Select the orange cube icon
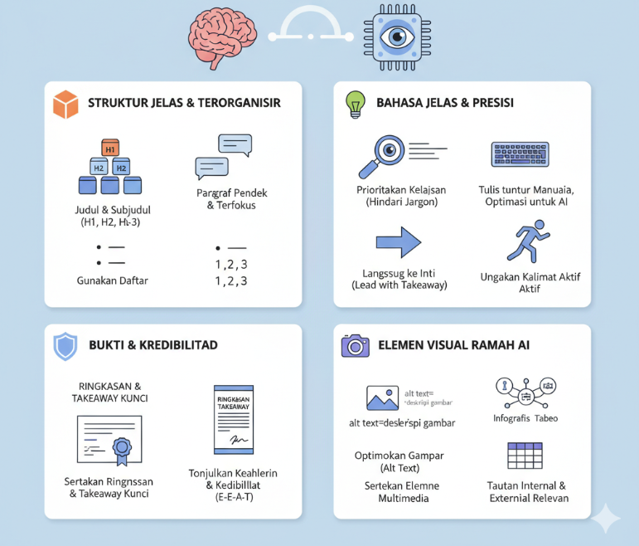click(x=65, y=104)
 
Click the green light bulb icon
click(x=356, y=104)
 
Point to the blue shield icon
click(x=65, y=345)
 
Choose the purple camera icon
click(x=356, y=345)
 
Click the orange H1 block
click(x=110, y=149)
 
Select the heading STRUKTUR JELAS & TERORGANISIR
click(x=184, y=104)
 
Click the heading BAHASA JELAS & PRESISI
click(x=445, y=104)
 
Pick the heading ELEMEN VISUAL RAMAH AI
click(x=453, y=345)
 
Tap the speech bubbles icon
click(x=223, y=157)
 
